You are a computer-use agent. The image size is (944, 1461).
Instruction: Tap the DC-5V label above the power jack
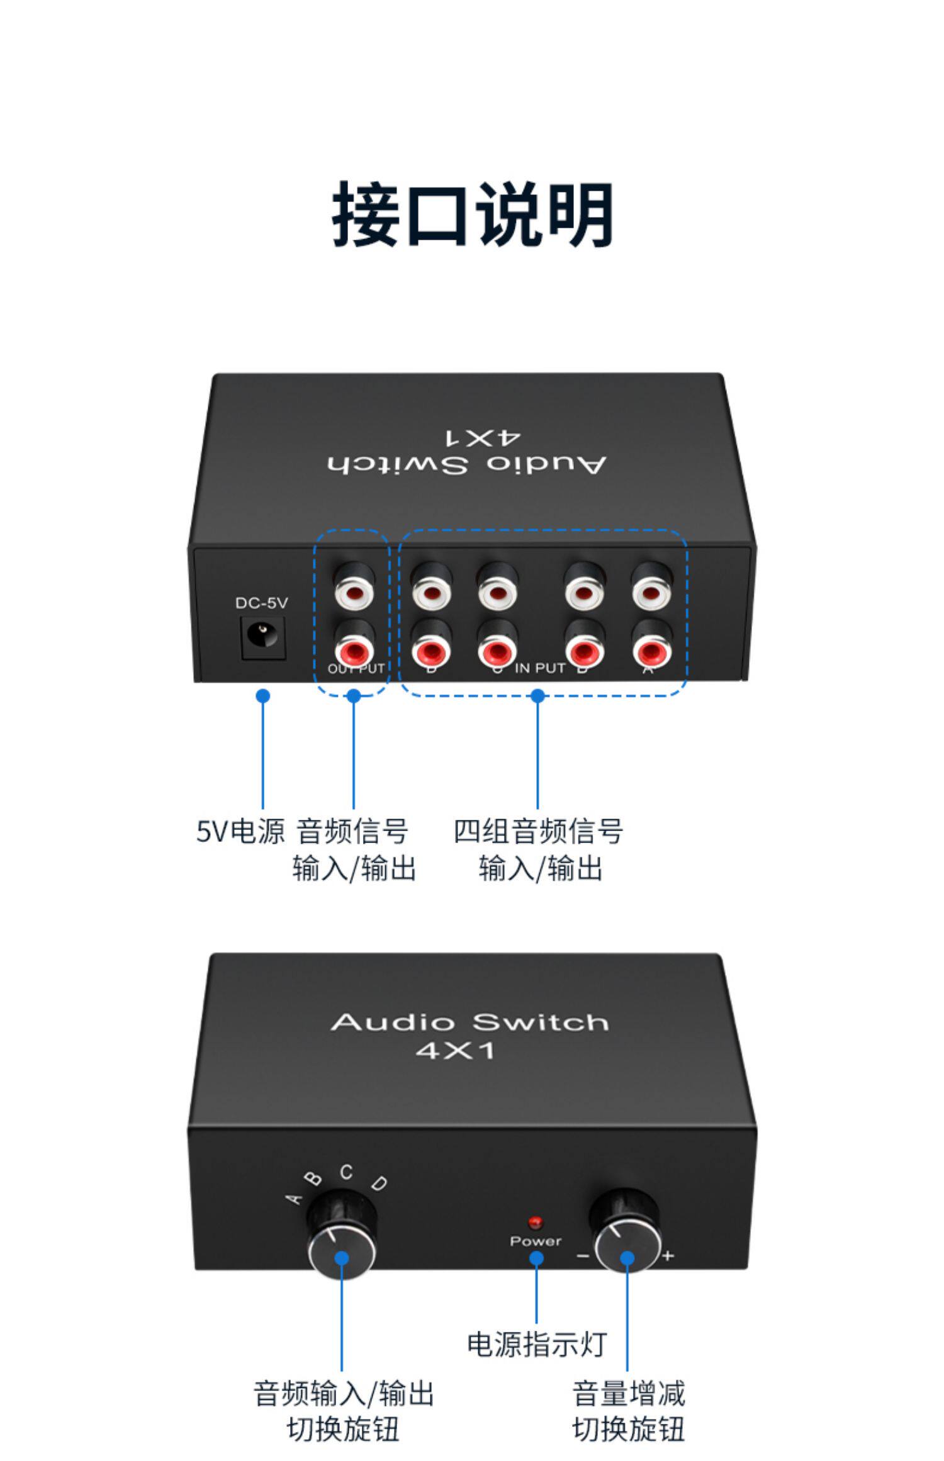pyautogui.click(x=261, y=603)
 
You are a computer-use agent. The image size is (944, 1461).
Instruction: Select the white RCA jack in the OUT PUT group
pyautogui.click(x=354, y=591)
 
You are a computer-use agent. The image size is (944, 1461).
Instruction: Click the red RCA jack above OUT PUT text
pyautogui.click(x=354, y=648)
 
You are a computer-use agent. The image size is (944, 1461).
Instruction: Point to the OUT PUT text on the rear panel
pyautogui.click(x=356, y=668)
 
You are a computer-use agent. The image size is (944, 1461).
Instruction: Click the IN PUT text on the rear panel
pyautogui.click(x=540, y=668)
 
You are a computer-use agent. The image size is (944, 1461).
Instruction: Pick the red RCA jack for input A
pyautogui.click(x=651, y=648)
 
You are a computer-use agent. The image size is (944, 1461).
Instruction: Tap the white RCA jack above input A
pyautogui.click(x=651, y=591)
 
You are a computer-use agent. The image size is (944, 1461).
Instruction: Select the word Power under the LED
pyautogui.click(x=536, y=1241)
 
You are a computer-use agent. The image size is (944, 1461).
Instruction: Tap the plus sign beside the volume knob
pyautogui.click(x=668, y=1256)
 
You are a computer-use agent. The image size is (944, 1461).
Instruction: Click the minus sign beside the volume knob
pyautogui.click(x=583, y=1256)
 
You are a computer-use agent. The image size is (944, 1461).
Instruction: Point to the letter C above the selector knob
pyautogui.click(x=346, y=1173)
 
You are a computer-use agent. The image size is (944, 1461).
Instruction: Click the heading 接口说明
pyautogui.click(x=472, y=214)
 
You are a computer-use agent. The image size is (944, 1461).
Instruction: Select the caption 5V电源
pyautogui.click(x=240, y=831)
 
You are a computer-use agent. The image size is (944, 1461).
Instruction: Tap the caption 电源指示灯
pyautogui.click(x=536, y=1345)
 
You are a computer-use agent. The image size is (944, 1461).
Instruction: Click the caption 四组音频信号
pyautogui.click(x=538, y=831)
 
